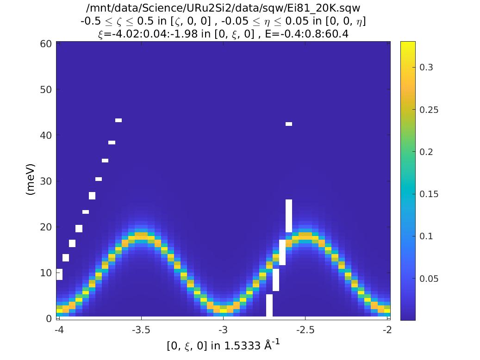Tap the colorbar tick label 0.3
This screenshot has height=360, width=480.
pos(426,68)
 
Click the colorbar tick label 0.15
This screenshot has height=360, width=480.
pos(429,194)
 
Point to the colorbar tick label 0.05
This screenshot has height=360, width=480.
pos(429,279)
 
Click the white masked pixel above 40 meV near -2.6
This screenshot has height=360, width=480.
pos(289,124)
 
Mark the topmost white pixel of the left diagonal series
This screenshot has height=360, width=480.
pos(118,120)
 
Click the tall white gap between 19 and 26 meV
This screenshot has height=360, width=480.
pos(289,216)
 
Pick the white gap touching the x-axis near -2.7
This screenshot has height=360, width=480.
pos(269,305)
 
